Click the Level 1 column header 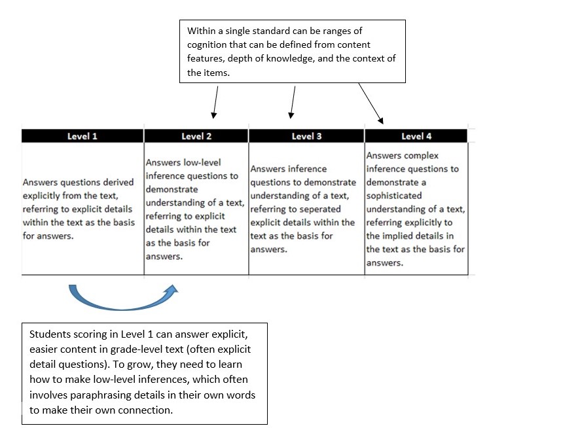coord(82,136)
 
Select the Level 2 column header coord(196,136)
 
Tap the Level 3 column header coord(306,136)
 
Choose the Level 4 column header coord(416,136)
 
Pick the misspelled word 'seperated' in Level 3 coord(319,209)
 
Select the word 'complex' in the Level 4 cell coord(422,156)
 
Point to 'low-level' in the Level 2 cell coord(202,162)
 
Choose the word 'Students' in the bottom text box coord(50,333)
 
